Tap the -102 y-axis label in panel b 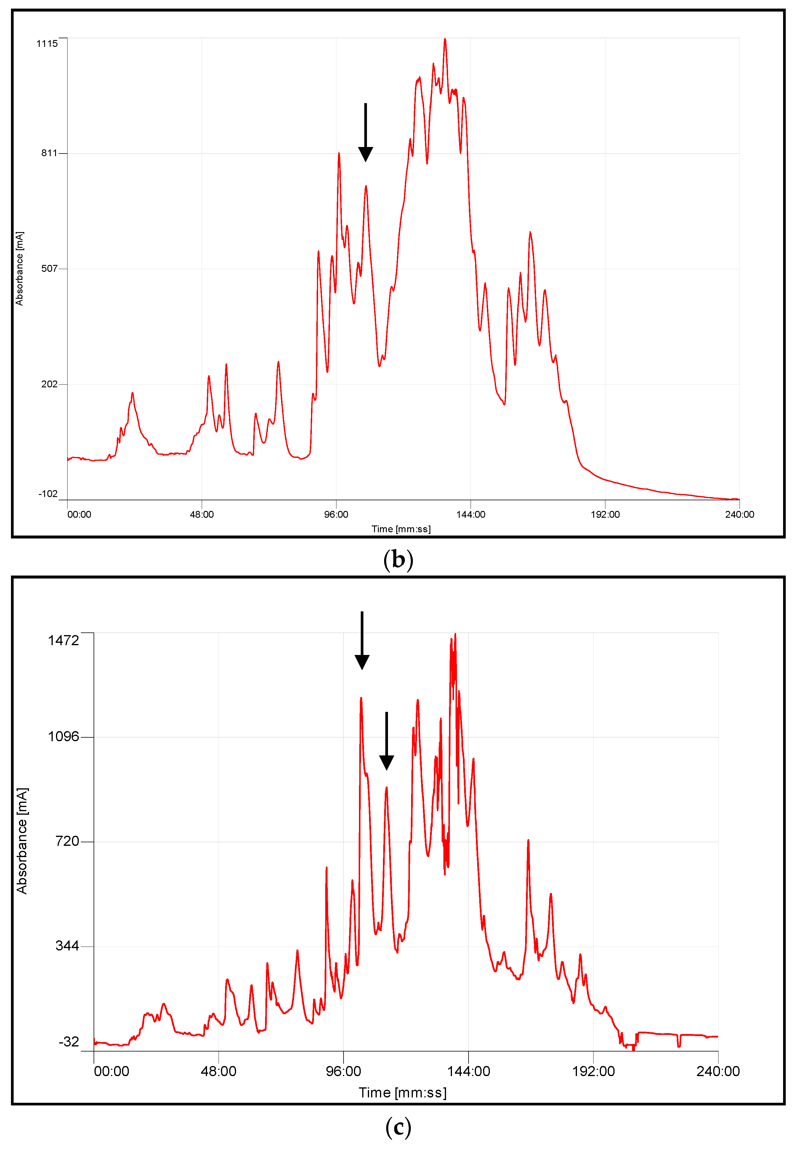coord(48,494)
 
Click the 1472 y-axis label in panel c coord(63,640)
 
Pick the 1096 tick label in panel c coord(63,736)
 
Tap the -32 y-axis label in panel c coord(69,1042)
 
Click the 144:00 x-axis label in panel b coord(470,514)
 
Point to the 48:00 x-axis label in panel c coord(219,1071)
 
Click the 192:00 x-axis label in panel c coord(593,1071)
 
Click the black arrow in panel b coord(365,132)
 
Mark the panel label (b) coord(398,560)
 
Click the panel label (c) coord(398,1128)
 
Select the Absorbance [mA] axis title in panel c coord(22,841)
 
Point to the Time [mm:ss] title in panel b coord(401,529)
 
